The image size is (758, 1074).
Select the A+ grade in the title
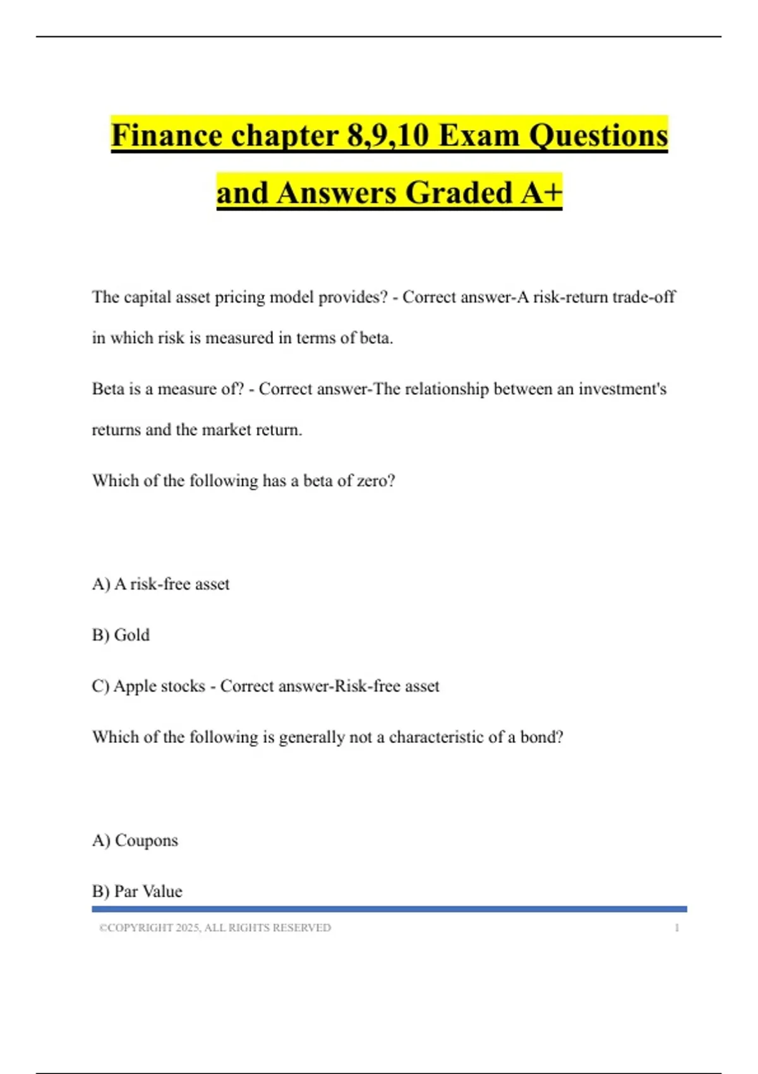[x=541, y=193]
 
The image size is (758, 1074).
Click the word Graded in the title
[x=459, y=193]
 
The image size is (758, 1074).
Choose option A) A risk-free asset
[x=160, y=584]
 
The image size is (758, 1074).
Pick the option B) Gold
[x=121, y=635]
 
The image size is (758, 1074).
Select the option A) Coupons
[x=135, y=840]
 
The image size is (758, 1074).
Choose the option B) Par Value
[x=137, y=891]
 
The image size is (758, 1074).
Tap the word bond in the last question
[x=541, y=737]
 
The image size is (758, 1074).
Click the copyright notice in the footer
[x=215, y=927]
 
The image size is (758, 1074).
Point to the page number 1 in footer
[x=677, y=927]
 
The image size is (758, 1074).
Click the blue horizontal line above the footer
[x=389, y=909]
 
